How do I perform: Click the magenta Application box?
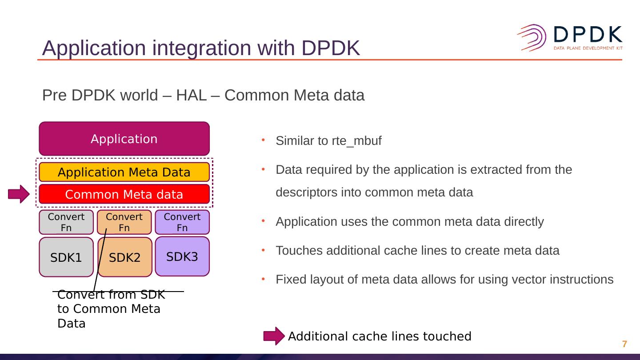coord(124,139)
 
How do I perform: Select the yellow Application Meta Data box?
coord(124,172)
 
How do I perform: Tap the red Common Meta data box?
coord(124,194)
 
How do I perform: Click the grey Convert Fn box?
coord(66,222)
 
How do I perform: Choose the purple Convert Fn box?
coord(182,222)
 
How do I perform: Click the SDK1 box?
coord(66,257)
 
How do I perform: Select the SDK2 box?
coord(125,257)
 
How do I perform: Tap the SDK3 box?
coord(182,256)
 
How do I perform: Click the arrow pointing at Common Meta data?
coord(19,194)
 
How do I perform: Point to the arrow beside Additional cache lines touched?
coord(274,336)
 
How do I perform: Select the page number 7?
coord(624,344)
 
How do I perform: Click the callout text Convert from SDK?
coord(111,295)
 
